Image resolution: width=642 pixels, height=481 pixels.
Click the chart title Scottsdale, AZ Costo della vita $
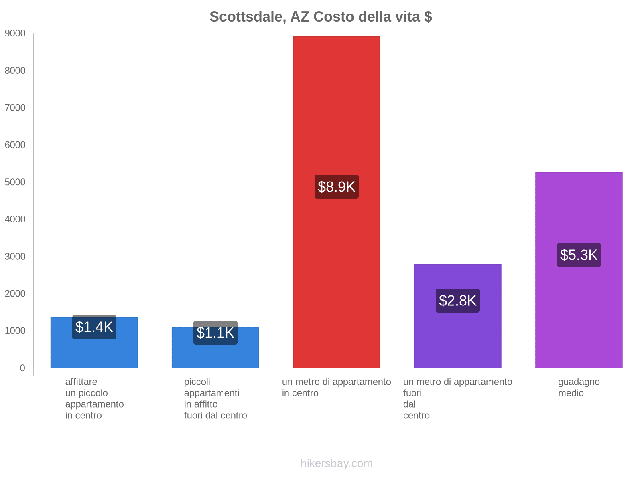(x=321, y=17)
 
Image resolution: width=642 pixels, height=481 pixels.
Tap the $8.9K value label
(x=336, y=187)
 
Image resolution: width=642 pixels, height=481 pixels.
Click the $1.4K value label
(x=94, y=327)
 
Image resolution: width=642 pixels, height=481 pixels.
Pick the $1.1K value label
(x=215, y=333)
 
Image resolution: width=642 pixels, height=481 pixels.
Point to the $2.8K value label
(x=457, y=301)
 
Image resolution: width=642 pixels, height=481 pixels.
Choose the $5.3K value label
(x=579, y=255)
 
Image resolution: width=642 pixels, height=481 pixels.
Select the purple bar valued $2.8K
(x=457, y=341)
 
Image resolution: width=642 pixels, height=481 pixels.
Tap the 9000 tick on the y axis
(x=15, y=34)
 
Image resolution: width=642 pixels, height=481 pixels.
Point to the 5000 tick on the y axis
(x=15, y=182)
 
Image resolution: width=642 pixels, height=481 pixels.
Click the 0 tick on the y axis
(x=22, y=368)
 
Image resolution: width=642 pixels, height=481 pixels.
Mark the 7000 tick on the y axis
(x=15, y=108)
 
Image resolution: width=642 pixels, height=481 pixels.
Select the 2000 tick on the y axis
(x=15, y=294)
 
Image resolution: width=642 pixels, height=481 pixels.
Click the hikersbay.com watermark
(x=336, y=463)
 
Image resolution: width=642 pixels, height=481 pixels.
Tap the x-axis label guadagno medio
(x=579, y=387)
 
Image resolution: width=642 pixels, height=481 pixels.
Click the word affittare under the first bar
(x=81, y=382)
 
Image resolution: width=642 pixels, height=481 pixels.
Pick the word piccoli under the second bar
(x=197, y=382)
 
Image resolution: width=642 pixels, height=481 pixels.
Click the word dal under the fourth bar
(x=409, y=404)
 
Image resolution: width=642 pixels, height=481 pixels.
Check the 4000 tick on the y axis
(x=15, y=219)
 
